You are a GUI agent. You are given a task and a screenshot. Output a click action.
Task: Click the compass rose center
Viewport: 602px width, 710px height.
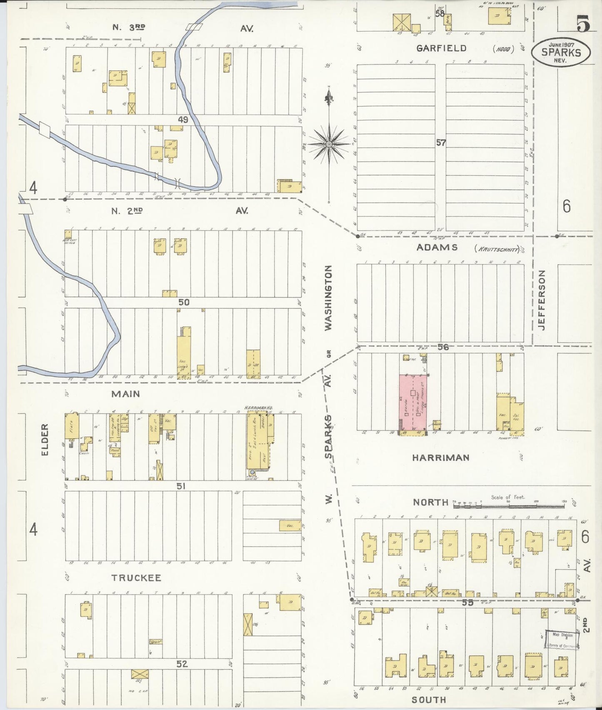[x=329, y=144]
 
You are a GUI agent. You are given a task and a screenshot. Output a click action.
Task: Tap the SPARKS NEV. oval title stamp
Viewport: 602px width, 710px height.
[x=561, y=52]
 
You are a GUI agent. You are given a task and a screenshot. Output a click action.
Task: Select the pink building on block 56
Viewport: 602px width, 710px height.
[x=413, y=402]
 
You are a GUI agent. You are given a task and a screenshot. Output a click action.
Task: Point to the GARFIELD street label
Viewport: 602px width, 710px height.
[x=442, y=48]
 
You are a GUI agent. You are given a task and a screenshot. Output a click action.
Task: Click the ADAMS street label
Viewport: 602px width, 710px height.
[x=437, y=247]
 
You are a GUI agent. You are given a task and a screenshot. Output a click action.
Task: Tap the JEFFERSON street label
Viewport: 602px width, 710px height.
[x=541, y=300]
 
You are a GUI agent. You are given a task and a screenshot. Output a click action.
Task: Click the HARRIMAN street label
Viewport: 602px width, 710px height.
[x=441, y=457]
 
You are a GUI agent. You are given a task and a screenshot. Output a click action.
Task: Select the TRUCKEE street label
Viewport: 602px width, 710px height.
[x=136, y=578]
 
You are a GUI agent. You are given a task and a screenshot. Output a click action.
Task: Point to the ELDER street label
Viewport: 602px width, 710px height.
[x=45, y=440]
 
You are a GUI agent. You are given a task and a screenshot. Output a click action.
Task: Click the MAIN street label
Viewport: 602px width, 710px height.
[x=125, y=394]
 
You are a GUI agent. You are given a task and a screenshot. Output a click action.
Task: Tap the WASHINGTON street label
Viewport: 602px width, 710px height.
[x=328, y=298]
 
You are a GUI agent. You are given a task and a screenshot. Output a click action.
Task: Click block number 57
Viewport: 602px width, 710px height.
[x=441, y=143]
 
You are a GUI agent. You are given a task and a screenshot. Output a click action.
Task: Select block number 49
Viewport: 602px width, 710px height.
[x=183, y=120]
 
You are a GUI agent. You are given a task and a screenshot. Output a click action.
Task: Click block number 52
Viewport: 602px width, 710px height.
[x=182, y=664]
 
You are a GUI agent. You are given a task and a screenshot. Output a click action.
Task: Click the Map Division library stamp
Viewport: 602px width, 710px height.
[x=562, y=640]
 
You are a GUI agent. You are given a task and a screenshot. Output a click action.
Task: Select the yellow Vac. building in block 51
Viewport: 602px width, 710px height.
[x=290, y=525]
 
